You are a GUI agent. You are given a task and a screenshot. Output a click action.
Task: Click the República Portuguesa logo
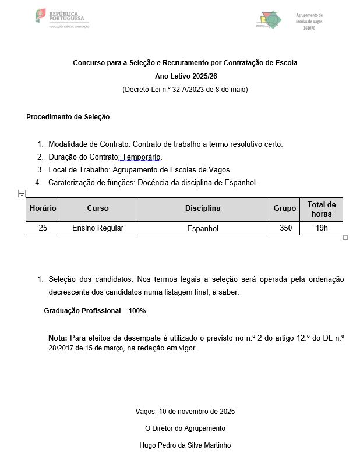coord(62,18)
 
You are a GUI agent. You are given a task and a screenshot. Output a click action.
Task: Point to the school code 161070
coord(309,29)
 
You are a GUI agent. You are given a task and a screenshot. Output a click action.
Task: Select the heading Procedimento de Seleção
coord(68,117)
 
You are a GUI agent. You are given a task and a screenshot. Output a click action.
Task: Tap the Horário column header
coord(43,208)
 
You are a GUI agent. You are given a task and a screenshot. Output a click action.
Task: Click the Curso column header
coord(97,208)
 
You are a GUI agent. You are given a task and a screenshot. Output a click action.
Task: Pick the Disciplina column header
coord(203,208)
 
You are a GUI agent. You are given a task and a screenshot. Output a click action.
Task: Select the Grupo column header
coord(285,208)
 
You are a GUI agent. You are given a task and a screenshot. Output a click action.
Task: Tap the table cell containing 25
coord(43,228)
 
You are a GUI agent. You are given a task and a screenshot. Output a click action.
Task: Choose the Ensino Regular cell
coord(97,228)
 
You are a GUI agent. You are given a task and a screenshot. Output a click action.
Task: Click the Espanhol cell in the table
coord(203,229)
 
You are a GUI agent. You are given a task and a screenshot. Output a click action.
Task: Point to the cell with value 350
coord(285,228)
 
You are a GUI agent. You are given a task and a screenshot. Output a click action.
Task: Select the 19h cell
coord(322,228)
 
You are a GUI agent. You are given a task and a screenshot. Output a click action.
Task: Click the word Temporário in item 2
coord(141,157)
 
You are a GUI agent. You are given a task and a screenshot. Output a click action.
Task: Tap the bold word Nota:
coord(58,338)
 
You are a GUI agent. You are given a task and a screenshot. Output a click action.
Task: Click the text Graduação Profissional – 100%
coord(95,311)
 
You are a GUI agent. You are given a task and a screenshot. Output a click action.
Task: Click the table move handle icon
coord(22,193)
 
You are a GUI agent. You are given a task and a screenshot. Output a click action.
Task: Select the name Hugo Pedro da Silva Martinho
coord(185,445)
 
